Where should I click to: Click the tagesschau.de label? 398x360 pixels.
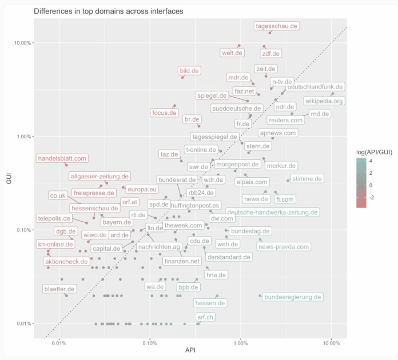(x=277, y=26)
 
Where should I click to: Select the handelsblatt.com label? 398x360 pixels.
(x=62, y=158)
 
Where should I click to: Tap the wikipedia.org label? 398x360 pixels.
(x=324, y=101)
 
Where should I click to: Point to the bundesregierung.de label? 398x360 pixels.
(x=293, y=297)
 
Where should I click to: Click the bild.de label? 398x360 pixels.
(x=189, y=71)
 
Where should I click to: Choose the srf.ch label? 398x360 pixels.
(x=205, y=317)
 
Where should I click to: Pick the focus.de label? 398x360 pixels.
(x=164, y=113)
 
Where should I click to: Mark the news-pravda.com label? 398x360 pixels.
(x=284, y=247)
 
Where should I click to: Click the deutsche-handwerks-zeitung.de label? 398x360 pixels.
(x=273, y=212)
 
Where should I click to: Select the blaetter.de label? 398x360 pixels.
(x=59, y=289)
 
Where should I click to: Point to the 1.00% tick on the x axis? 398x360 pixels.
(x=241, y=343)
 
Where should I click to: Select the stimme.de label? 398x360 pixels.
(x=307, y=179)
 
